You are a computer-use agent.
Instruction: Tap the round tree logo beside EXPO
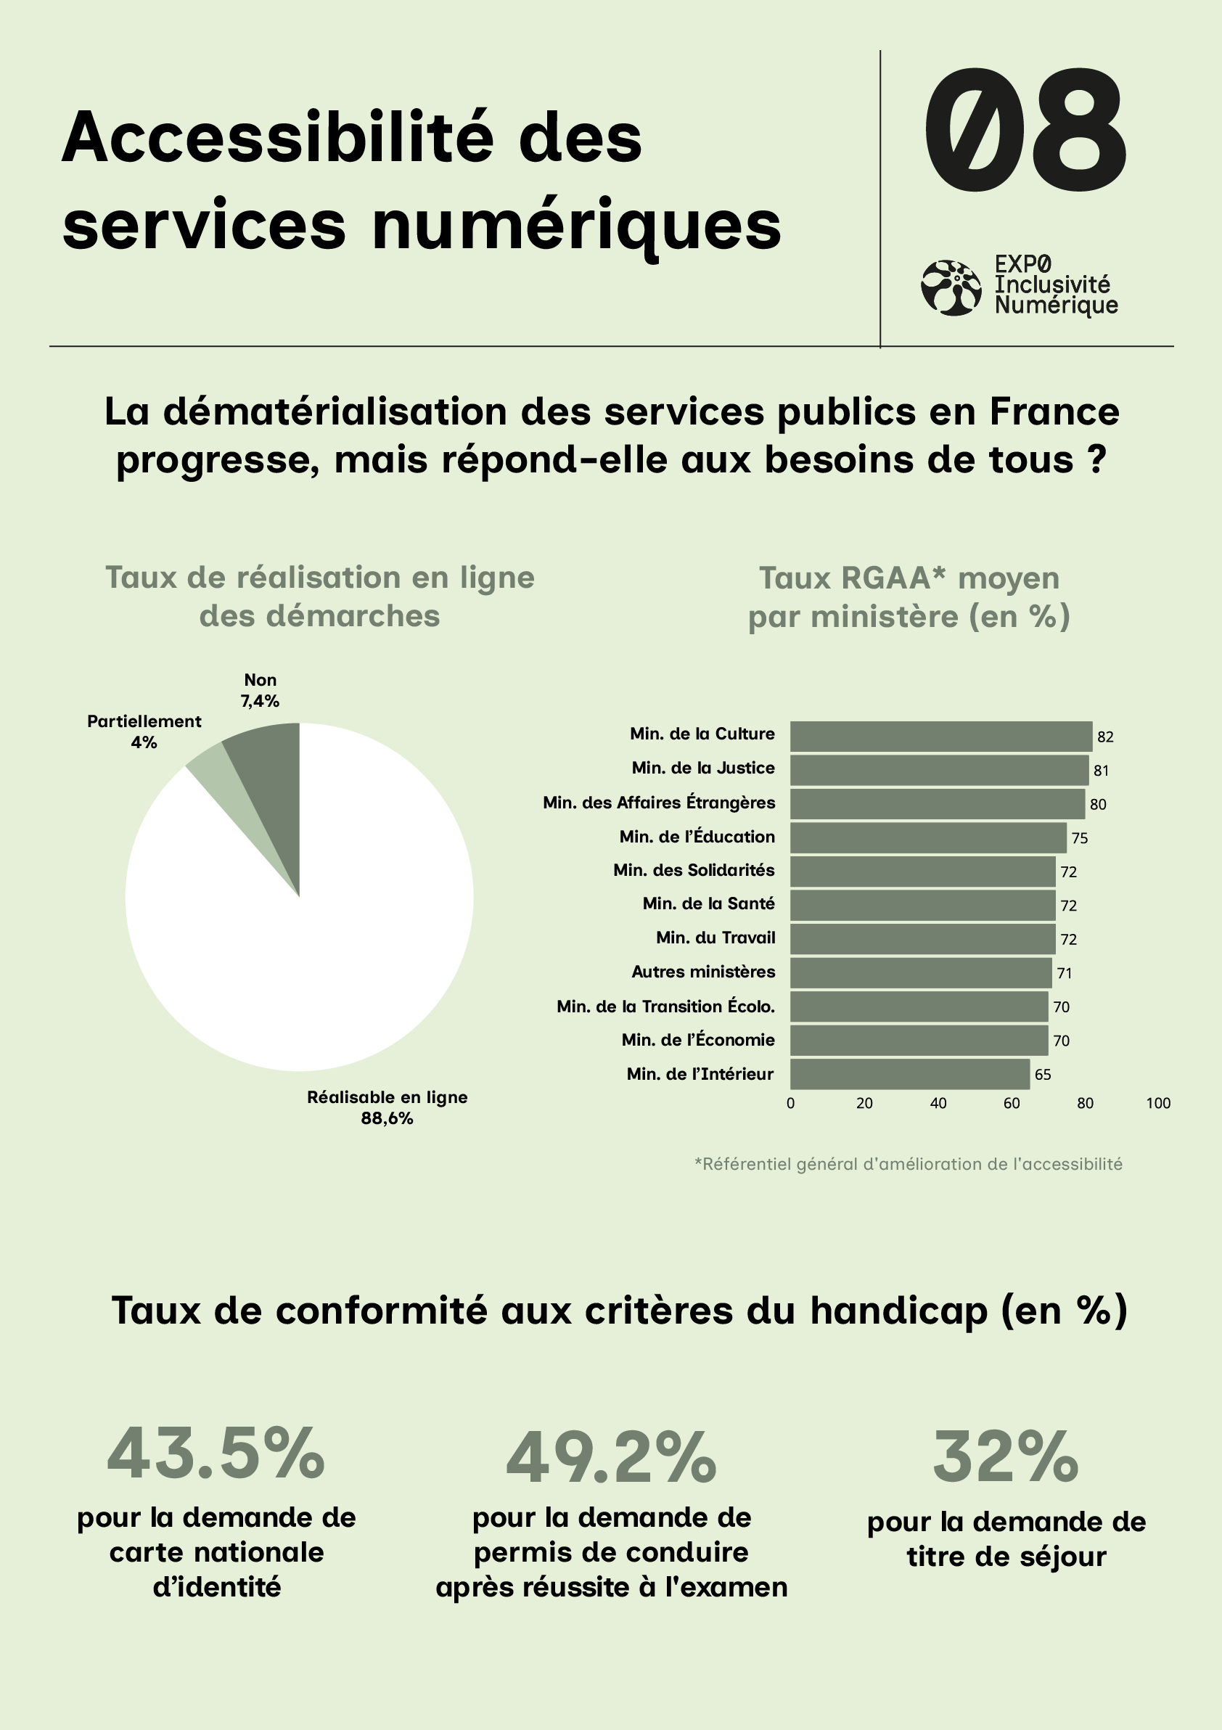point(951,288)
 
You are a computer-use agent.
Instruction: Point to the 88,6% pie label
point(387,1119)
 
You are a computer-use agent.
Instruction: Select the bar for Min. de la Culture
point(940,736)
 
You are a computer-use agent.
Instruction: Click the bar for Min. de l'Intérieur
point(909,1074)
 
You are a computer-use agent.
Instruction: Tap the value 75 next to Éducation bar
point(1080,838)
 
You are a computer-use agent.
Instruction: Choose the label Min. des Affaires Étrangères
point(658,803)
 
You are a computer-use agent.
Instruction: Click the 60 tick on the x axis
point(1011,1103)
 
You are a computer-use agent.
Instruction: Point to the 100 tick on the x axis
point(1158,1103)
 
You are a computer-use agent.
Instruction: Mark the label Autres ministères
point(703,972)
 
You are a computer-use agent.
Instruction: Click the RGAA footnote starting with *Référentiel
point(908,1164)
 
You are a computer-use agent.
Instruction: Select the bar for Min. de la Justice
point(939,770)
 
